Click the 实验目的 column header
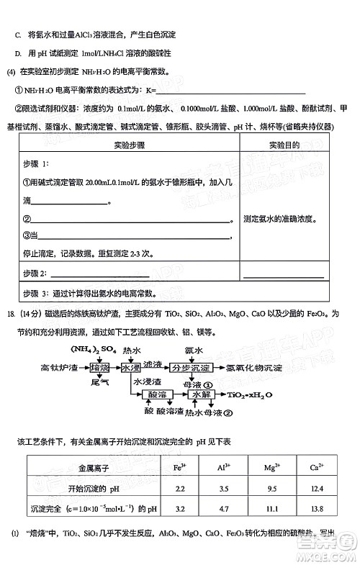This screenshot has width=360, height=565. (x=285, y=145)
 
